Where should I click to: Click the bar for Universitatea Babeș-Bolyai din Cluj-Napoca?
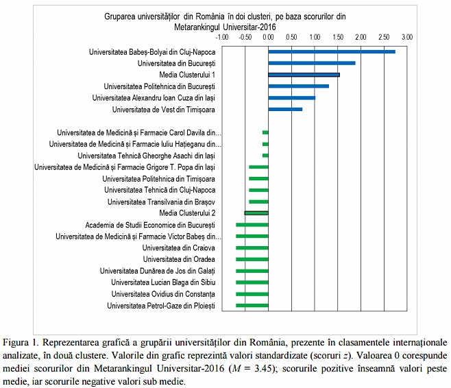pyautogui.click(x=332, y=51)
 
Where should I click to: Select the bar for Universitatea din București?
pyautogui.click(x=312, y=63)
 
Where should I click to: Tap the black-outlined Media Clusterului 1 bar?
pyautogui.click(x=304, y=75)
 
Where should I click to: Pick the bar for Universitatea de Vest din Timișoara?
pyautogui.click(x=285, y=109)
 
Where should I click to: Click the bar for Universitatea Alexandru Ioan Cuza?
pyautogui.click(x=292, y=98)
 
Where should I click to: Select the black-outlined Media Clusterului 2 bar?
pyautogui.click(x=256, y=213)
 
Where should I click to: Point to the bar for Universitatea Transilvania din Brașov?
pyautogui.click(x=258, y=202)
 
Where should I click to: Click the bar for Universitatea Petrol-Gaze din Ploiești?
pyautogui.click(x=252, y=305)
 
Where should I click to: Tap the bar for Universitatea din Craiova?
pyautogui.click(x=252, y=247)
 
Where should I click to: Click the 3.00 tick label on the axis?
pyautogui.click(x=407, y=36)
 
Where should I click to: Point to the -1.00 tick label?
pyautogui.click(x=222, y=36)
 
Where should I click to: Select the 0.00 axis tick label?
pyautogui.click(x=269, y=36)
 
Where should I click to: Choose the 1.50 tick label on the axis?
pyautogui.click(x=338, y=36)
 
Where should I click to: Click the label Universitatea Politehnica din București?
pyautogui.click(x=159, y=86)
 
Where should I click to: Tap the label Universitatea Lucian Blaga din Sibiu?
pyautogui.click(x=162, y=282)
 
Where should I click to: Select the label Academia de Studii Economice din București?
pyautogui.click(x=149, y=225)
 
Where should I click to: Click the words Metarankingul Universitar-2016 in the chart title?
pyautogui.click(x=221, y=27)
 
